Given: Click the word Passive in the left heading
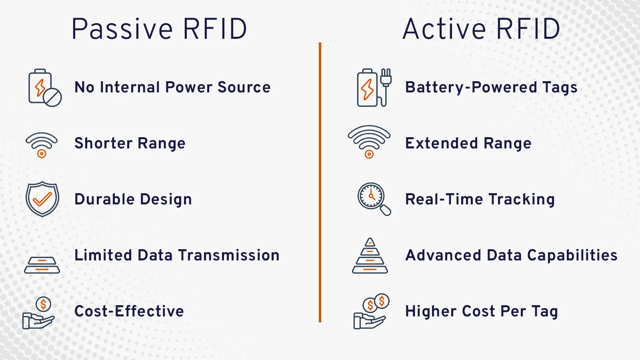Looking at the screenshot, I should [122, 29].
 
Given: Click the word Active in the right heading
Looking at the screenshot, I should [444, 29].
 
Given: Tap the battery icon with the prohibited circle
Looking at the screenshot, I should [44, 88].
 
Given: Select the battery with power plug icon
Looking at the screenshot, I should [374, 88].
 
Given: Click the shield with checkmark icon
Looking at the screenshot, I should [42, 199].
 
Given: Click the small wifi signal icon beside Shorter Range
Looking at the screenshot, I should [42, 144].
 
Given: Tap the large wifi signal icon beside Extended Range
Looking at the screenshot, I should [369, 141].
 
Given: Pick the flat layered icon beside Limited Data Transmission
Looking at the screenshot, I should [42, 265].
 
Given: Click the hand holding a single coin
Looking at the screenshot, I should [39, 314].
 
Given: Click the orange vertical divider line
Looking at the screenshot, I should [320, 182].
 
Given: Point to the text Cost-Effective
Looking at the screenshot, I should [129, 311].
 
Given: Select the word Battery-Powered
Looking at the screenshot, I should [471, 87].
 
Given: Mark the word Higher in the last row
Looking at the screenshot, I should [431, 311].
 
